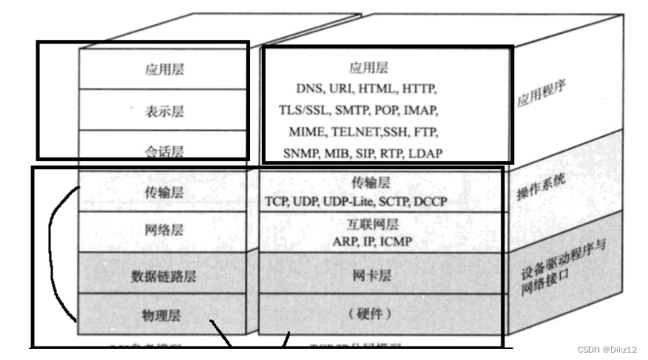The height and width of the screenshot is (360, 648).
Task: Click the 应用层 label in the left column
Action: coord(164,70)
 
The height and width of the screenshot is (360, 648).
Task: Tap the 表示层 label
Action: coord(164,112)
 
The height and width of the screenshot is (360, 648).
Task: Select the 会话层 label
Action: coord(164,152)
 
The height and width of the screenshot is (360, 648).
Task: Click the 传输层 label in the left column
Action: coord(164,192)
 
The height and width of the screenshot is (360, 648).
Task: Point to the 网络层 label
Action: coord(164,231)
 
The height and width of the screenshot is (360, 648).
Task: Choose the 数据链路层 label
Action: coord(164,276)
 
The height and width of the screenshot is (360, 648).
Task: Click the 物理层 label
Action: coord(164,316)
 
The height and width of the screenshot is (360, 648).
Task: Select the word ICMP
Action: coord(396,241)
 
